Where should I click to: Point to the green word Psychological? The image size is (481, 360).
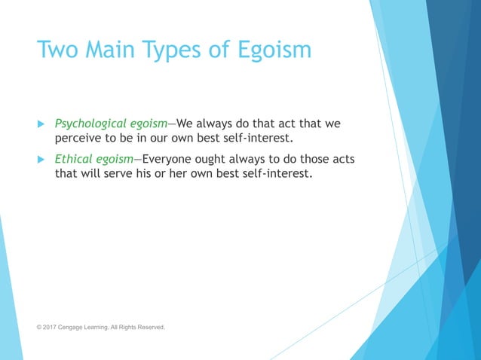pyautogui.click(x=88, y=124)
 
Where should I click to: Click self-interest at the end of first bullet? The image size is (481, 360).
pyautogui.click(x=250, y=139)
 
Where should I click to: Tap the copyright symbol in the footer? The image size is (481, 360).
pyautogui.click(x=40, y=328)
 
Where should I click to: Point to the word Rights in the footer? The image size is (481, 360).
pyautogui.click(x=126, y=328)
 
